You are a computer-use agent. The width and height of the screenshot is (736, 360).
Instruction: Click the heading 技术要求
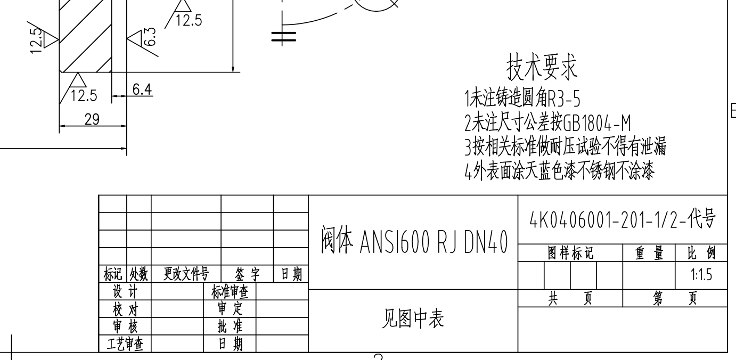coord(542,67)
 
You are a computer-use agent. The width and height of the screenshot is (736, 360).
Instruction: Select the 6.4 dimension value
coord(142,89)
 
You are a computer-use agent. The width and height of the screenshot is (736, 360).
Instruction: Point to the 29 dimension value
coord(92,119)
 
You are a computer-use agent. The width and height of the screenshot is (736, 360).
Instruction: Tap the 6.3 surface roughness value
coord(150,36)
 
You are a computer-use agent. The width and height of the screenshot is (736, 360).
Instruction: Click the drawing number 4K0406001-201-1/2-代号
coord(623,219)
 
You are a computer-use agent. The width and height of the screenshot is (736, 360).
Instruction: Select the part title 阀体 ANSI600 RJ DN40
coord(414,240)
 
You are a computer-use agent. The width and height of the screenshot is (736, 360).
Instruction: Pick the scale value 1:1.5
coord(701,275)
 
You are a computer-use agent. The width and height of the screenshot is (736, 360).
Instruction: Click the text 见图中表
coord(413,318)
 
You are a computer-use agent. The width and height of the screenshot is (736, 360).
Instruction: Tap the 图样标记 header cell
coord(570,253)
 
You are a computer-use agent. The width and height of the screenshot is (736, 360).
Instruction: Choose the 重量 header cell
coord(649,253)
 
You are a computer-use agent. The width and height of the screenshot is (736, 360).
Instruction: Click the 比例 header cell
coord(701,253)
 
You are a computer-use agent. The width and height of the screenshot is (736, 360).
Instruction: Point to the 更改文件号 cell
coord(186,273)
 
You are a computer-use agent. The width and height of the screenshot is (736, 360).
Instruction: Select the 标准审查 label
coord(230,292)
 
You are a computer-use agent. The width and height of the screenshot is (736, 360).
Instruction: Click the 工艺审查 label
coord(125,344)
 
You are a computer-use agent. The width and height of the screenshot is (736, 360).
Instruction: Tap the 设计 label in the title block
coord(125,291)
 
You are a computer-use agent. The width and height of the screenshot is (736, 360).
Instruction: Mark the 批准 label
coord(230,326)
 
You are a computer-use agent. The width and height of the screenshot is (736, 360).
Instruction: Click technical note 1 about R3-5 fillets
coord(522,98)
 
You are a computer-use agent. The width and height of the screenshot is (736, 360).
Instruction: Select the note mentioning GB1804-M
coord(547,122)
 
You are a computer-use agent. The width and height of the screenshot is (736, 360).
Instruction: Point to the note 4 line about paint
coord(559,171)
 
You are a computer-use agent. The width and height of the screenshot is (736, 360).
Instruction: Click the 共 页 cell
coord(570,298)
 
